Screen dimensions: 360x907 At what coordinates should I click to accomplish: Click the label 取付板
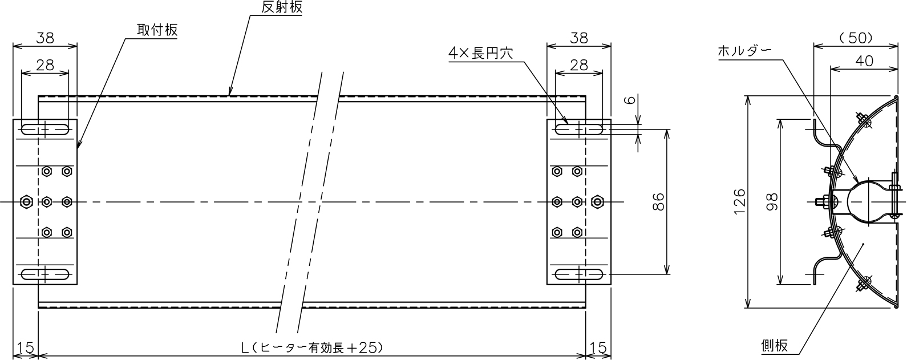[157, 30]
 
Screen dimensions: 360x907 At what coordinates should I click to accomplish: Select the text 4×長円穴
[480, 54]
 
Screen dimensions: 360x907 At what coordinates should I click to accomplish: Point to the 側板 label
[774, 345]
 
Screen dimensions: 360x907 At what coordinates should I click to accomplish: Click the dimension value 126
[740, 201]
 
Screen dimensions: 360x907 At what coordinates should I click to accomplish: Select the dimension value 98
[772, 201]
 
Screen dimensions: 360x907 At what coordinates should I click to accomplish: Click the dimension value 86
[658, 201]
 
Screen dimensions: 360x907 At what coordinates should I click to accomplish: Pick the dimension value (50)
[856, 38]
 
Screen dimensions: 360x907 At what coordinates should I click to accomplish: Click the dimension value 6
[630, 100]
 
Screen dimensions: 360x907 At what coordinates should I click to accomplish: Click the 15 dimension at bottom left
[25, 347]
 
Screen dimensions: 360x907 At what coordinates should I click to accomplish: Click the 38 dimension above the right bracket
[578, 38]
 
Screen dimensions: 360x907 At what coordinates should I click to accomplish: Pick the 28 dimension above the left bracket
[44, 65]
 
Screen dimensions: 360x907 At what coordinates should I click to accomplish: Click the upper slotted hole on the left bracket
[44, 130]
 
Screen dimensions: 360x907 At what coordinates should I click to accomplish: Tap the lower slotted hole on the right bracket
[578, 274]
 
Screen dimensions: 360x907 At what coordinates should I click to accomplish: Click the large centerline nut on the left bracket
[26, 201]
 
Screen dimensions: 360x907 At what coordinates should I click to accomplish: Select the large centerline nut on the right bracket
[597, 201]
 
